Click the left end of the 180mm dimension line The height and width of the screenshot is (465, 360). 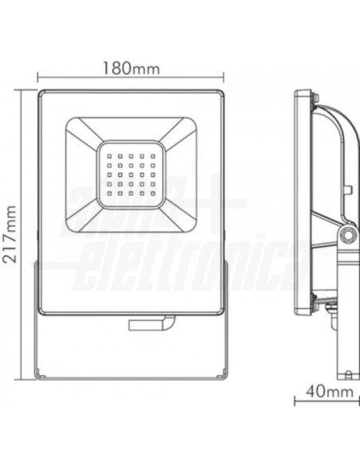tap(39, 78)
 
